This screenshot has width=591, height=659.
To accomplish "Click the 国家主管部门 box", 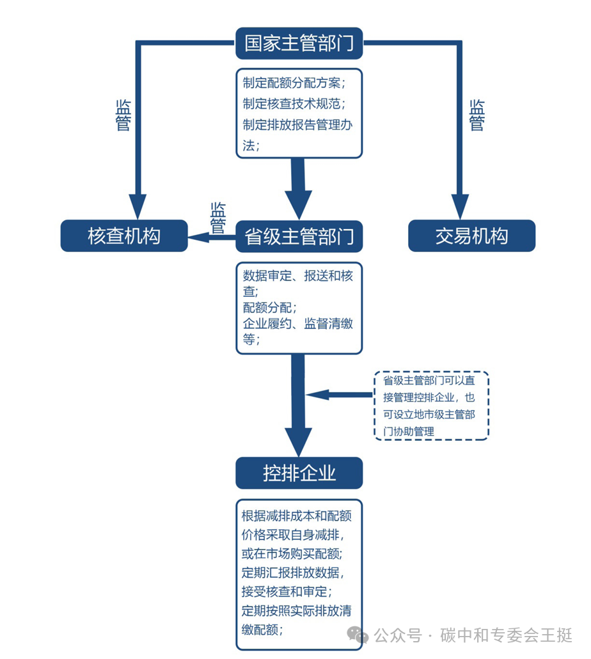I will [x=299, y=43].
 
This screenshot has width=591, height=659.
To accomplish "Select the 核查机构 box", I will [x=124, y=236].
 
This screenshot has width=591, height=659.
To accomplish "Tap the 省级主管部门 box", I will [x=299, y=236].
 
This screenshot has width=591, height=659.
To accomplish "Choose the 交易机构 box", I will [x=471, y=236].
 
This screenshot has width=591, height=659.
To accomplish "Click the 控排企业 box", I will [x=299, y=473].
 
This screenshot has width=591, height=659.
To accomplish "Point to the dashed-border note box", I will [x=431, y=405].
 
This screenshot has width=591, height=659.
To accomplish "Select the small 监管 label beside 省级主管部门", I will [x=218, y=218].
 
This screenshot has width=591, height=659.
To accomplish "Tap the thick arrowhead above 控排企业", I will [x=298, y=440].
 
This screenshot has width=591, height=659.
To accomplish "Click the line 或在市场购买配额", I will [x=295, y=552].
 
